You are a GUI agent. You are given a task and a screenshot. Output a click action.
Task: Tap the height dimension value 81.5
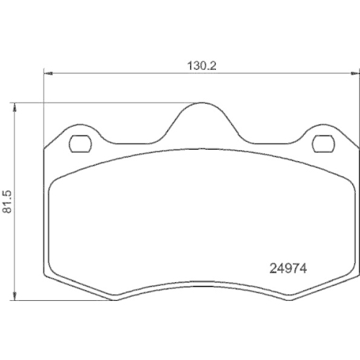[x=6, y=202]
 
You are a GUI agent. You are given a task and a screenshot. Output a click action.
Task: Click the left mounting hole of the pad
[x=78, y=144]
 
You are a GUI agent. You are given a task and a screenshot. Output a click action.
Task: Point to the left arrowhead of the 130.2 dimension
[x=48, y=73]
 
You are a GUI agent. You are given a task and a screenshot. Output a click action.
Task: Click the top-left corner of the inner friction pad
[x=54, y=181]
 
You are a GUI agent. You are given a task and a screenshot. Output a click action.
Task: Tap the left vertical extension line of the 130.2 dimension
[x=45, y=108]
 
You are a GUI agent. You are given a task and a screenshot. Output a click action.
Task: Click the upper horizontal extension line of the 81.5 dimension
[x=108, y=102]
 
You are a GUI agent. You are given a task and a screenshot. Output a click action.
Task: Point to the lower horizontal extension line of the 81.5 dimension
[x=65, y=300]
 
